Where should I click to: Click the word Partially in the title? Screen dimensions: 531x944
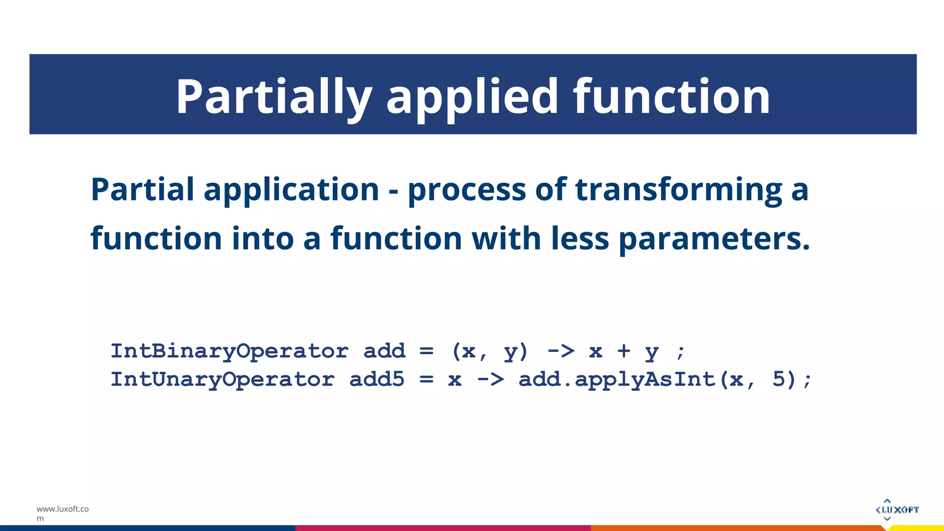tap(274, 97)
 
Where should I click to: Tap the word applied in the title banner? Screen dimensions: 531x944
tap(472, 97)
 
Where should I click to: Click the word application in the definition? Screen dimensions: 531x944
tap(291, 190)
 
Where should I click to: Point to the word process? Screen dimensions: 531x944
tap(466, 190)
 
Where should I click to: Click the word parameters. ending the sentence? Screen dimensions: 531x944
tap(714, 239)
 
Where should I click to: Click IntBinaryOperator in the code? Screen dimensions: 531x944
tap(230, 352)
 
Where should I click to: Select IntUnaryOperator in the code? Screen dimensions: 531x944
tap(223, 380)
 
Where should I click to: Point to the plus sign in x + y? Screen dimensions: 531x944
tap(624, 352)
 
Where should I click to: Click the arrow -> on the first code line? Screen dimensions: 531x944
tap(561, 352)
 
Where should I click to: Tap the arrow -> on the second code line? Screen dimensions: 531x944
tap(490, 380)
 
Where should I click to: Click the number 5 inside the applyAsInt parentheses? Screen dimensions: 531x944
tap(779, 380)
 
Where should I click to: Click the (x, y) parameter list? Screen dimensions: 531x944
tap(490, 352)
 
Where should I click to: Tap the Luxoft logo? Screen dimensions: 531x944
tap(897, 509)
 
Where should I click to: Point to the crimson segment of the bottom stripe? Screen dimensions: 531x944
tap(442, 528)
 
